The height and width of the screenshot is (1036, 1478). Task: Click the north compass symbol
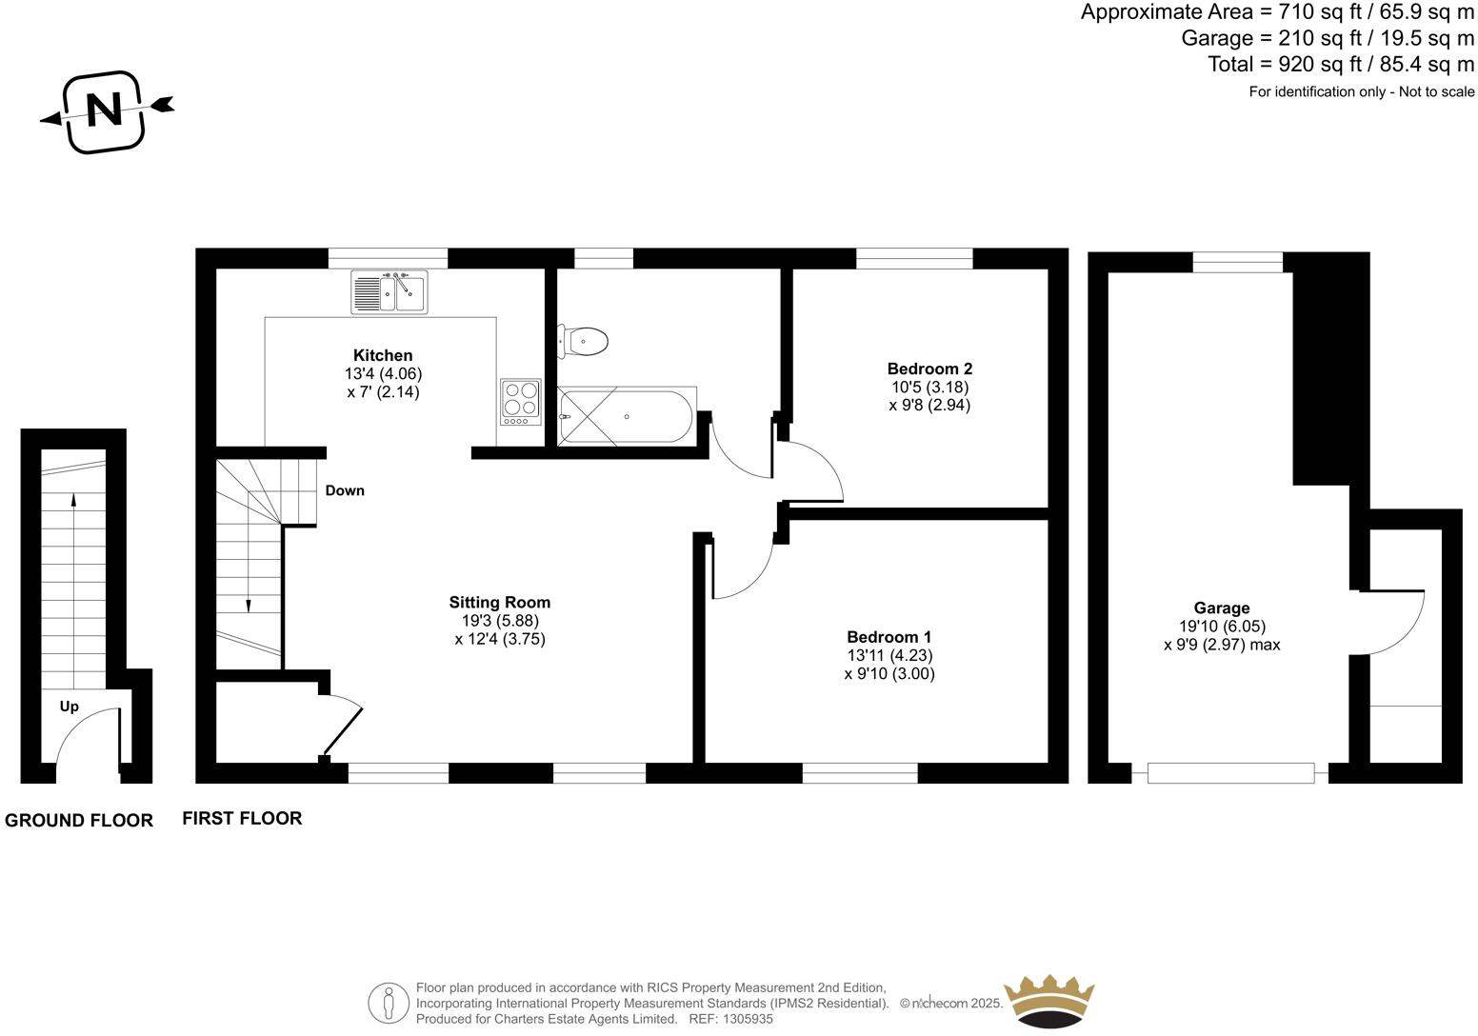tap(106, 110)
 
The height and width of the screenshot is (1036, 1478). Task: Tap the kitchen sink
tap(389, 291)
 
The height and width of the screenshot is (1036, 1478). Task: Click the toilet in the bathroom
tap(584, 341)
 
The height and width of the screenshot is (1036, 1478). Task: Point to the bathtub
tap(628, 416)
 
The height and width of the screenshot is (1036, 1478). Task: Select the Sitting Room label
tap(499, 602)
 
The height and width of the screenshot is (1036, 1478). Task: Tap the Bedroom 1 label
tap(889, 637)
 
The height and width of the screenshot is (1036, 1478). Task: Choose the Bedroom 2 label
tap(929, 369)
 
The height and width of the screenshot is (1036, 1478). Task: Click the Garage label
tap(1222, 608)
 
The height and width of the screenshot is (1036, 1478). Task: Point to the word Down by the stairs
tap(345, 491)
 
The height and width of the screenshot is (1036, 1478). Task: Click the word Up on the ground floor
tap(70, 707)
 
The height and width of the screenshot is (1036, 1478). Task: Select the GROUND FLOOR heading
tap(79, 821)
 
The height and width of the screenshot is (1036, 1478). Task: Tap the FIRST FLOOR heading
tap(242, 818)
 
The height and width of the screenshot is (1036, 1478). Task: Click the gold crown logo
tap(1050, 1000)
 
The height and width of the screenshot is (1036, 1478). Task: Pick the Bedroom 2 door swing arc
tap(819, 467)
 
